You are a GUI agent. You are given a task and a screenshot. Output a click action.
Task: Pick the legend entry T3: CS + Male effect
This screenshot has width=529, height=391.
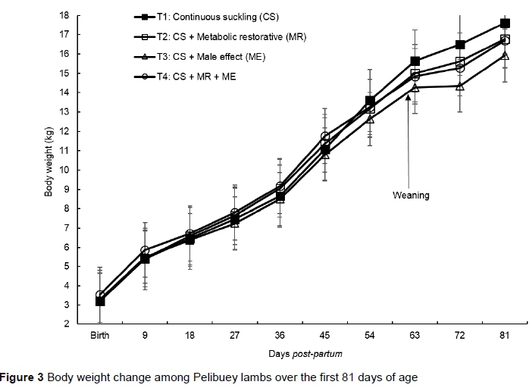pyautogui.click(x=202, y=57)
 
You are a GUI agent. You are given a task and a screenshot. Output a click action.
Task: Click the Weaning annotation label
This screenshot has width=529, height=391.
pyautogui.click(x=411, y=195)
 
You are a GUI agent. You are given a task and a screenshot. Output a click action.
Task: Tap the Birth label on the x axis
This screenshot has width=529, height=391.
pyautogui.click(x=100, y=335)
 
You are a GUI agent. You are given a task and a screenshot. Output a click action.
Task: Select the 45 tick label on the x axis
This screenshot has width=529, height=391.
pyautogui.click(x=324, y=335)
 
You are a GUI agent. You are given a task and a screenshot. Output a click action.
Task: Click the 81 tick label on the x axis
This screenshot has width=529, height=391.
pyautogui.click(x=504, y=335)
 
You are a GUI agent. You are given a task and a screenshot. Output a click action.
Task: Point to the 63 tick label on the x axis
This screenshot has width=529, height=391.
pyautogui.click(x=415, y=335)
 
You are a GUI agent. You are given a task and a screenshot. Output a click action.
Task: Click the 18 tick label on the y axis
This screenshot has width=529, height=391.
pyautogui.click(x=66, y=15)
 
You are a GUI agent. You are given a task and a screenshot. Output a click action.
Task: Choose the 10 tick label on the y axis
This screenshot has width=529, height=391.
pyautogui.click(x=66, y=170)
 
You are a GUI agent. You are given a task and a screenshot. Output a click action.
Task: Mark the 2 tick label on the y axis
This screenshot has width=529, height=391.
pyautogui.click(x=68, y=324)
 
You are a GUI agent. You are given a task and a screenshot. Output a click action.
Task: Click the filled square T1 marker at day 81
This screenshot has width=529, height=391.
pyautogui.click(x=504, y=23)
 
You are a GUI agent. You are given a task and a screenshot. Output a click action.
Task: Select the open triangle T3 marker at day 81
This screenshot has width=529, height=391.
pyautogui.click(x=504, y=55)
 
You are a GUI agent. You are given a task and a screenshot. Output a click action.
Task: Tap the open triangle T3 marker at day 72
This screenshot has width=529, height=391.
pyautogui.click(x=459, y=86)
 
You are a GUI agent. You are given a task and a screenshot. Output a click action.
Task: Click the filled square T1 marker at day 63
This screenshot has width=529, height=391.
pyautogui.click(x=415, y=61)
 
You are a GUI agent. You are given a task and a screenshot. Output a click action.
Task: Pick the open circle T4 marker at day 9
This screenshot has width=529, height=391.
pyautogui.click(x=145, y=250)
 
